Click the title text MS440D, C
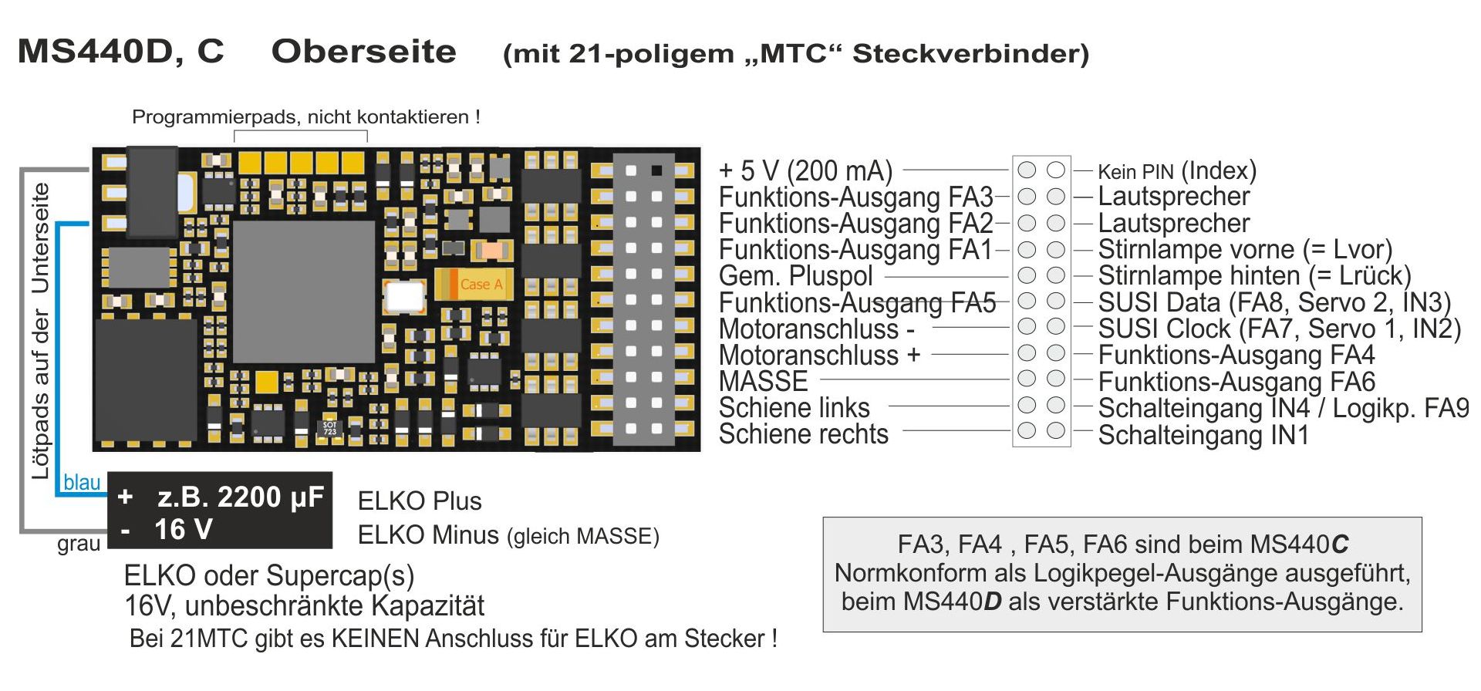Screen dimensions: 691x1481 (121, 52)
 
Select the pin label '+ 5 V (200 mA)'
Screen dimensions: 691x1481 (805, 170)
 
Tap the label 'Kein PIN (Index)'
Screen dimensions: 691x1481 (1176, 170)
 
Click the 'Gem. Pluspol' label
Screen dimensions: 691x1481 (795, 275)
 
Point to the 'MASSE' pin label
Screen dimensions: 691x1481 (763, 381)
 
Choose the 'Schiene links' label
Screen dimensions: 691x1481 (794, 407)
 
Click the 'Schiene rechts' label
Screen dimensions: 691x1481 (803, 434)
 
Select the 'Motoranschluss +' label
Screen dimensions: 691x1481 (819, 355)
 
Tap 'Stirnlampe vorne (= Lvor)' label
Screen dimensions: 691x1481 (1244, 249)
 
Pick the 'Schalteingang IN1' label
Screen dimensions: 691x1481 (1203, 435)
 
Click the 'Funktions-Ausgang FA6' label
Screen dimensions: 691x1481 (1236, 382)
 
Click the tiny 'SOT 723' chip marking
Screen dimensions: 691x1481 (329, 428)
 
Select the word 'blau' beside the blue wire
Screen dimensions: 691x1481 (82, 483)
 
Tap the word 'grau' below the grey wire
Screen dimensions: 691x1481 (79, 544)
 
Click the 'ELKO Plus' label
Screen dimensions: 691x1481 (420, 501)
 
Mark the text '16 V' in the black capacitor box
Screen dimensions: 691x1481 (184, 530)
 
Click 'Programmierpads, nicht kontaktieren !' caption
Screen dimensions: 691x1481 (306, 117)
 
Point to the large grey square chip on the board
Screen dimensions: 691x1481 (304, 291)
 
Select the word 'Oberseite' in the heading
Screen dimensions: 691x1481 (363, 52)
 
